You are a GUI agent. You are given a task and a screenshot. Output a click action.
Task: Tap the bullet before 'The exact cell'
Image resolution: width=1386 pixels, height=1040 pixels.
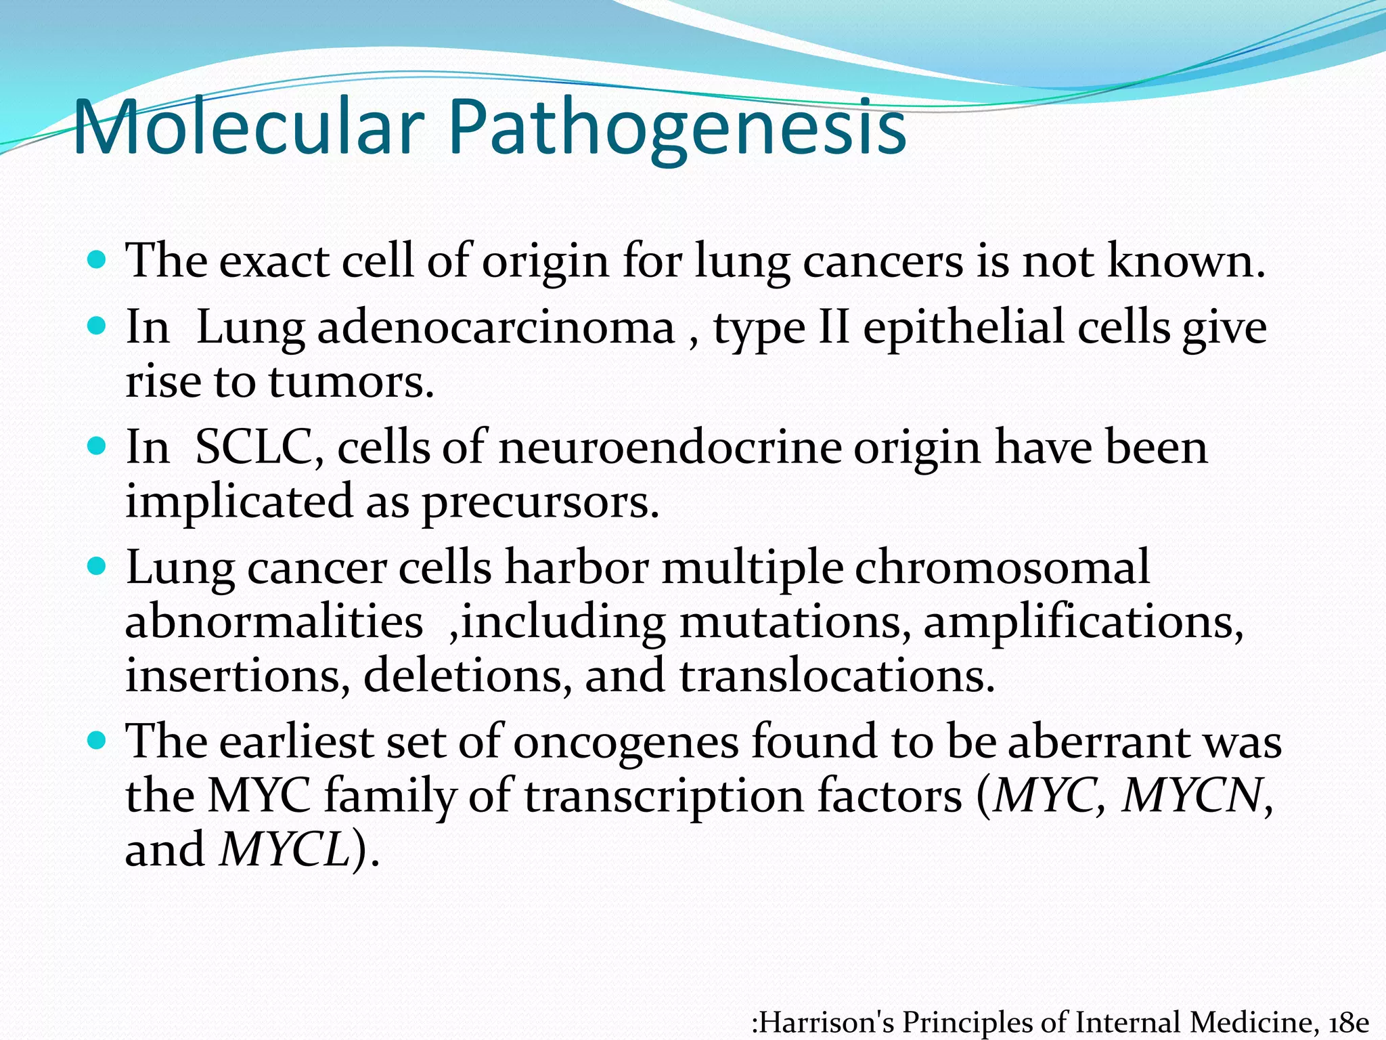97,259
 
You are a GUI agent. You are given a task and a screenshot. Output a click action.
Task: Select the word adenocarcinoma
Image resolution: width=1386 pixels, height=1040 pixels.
496,328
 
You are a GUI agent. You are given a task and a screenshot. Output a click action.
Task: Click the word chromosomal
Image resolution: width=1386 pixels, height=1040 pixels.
1002,567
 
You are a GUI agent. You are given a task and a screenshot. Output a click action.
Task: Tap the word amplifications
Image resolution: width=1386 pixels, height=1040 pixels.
1083,622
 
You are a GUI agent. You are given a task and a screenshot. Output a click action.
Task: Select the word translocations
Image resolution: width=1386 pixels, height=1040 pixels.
837,676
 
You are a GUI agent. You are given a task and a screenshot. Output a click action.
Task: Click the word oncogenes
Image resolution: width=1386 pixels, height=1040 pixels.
625,741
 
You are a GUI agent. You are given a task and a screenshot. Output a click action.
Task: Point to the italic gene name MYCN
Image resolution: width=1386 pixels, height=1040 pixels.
1192,795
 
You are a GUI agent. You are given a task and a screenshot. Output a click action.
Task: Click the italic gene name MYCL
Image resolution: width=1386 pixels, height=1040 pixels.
284,849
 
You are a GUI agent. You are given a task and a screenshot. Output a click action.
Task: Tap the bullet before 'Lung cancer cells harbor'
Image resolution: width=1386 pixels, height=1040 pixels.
97,566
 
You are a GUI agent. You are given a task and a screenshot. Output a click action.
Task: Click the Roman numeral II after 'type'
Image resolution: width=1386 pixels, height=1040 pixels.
834,328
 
